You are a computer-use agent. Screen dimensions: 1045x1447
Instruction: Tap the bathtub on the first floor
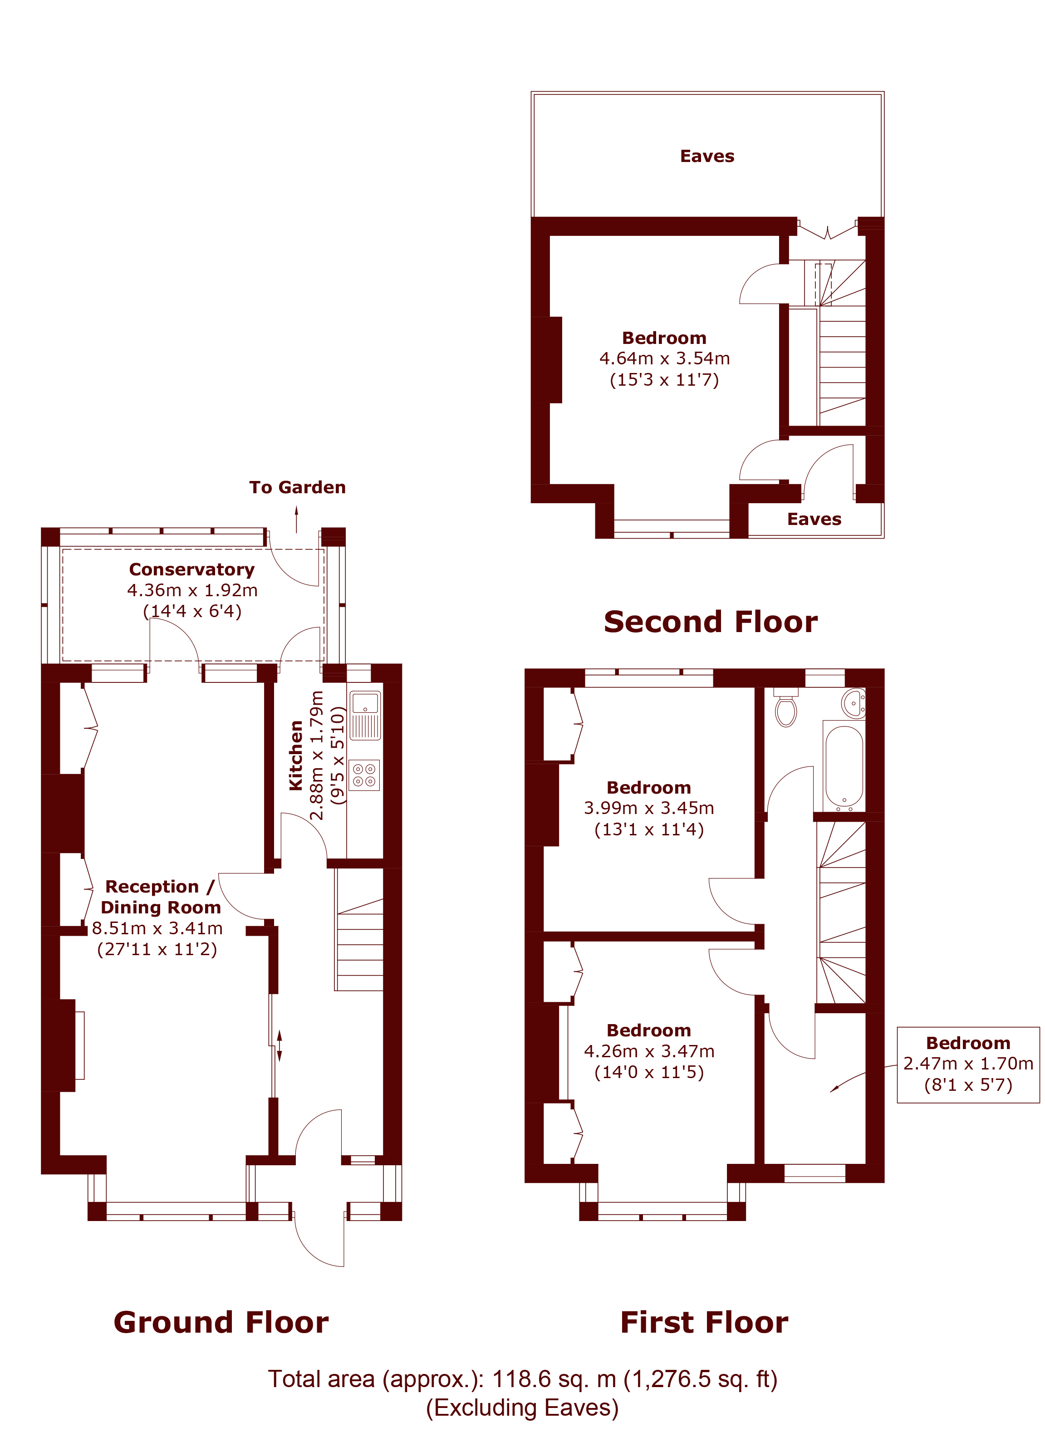pos(844,765)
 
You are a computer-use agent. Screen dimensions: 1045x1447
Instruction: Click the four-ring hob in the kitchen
pos(364,775)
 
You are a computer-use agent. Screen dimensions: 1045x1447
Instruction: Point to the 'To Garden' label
pos(297,487)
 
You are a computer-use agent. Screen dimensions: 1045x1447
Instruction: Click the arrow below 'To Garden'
pos(297,520)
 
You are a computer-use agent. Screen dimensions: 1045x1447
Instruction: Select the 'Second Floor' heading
pos(711,622)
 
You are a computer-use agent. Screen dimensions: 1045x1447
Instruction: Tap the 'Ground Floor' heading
pos(221,1323)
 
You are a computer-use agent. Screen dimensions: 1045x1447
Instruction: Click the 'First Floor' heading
pos(704,1323)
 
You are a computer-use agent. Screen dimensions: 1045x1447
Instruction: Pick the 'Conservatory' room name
pos(192,569)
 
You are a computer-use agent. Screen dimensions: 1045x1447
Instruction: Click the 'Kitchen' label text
pos(296,755)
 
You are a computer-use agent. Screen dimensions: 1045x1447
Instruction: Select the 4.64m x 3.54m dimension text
pos(665,358)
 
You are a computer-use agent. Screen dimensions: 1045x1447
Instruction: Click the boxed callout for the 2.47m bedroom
pos(968,1065)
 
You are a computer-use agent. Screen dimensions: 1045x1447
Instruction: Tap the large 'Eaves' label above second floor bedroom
pos(707,156)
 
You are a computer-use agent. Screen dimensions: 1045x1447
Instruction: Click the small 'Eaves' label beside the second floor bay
pos(814,520)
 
